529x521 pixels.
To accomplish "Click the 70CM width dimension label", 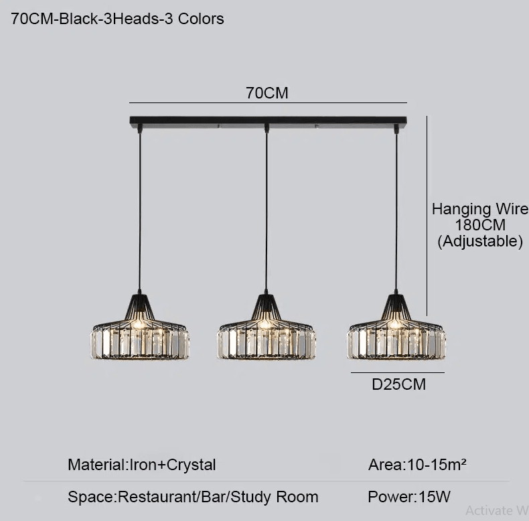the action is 267,93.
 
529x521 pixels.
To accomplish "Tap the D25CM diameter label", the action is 398,384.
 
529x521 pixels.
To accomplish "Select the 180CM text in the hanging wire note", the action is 480,225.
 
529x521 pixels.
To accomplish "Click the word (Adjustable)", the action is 480,241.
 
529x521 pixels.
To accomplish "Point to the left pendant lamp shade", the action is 140,330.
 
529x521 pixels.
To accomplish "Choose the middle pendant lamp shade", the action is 267,330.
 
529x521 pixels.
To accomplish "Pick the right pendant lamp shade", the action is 396,330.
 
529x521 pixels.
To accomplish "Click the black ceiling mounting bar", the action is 269,121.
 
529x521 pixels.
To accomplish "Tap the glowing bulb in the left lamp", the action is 139,324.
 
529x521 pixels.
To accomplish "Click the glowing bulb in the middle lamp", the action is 265,324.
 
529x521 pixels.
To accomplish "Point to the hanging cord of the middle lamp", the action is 267,211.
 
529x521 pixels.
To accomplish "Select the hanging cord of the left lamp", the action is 140,211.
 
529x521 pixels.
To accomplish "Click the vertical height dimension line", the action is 427,216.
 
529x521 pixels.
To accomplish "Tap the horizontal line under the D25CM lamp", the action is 398,373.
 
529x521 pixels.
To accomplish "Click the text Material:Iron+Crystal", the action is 142,465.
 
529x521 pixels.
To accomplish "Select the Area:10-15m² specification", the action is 417,465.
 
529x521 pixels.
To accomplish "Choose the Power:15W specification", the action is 409,497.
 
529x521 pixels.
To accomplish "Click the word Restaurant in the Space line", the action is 158,497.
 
